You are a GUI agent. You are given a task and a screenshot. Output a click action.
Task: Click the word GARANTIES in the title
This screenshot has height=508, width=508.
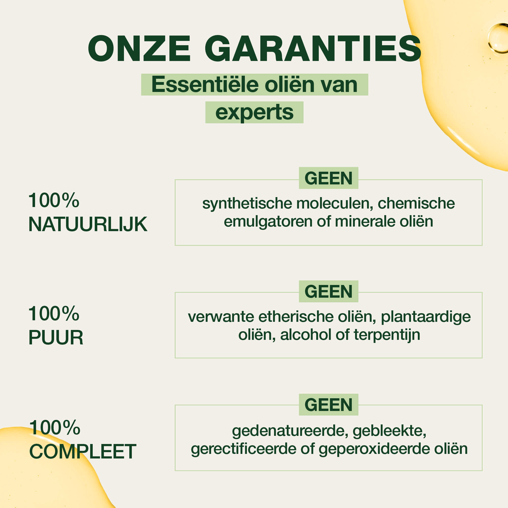click(313, 49)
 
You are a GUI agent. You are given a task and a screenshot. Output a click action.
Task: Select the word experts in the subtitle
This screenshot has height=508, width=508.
click(254, 113)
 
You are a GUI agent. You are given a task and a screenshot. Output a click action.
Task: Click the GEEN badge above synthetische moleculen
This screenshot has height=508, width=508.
click(328, 178)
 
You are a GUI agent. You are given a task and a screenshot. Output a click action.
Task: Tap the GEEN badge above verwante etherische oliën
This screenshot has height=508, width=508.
click(328, 291)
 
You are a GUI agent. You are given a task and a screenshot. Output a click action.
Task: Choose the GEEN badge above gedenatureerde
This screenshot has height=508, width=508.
click(328, 405)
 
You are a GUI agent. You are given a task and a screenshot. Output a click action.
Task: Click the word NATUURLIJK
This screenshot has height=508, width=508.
click(88, 224)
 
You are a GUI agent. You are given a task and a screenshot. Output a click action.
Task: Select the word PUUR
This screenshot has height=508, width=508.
click(56, 337)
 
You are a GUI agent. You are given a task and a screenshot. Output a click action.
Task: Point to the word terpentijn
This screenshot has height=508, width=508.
click(387, 335)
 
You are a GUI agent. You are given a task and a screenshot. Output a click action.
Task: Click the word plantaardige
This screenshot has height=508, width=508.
click(426, 317)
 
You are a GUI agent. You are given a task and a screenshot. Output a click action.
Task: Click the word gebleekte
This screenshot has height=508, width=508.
click(389, 431)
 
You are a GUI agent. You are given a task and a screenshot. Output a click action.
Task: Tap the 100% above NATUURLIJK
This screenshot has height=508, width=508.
click(54, 200)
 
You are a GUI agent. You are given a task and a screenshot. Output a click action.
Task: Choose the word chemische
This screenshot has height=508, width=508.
click(416, 203)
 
